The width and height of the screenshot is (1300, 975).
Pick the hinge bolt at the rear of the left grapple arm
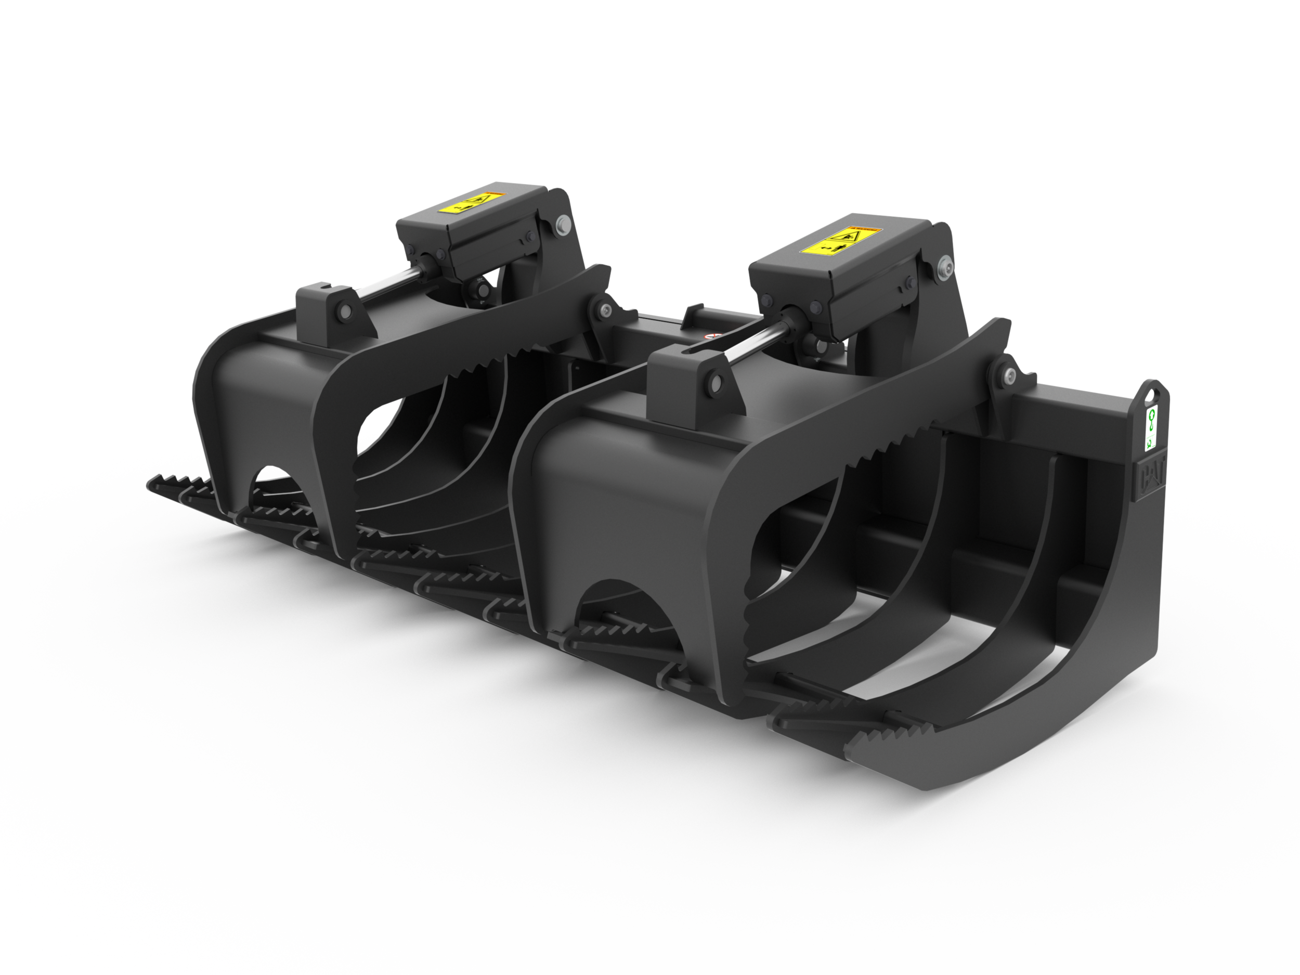605,310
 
